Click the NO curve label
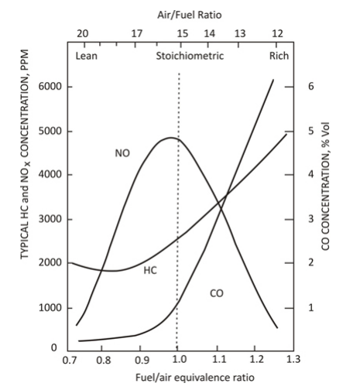[x=122, y=153]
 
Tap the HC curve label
[x=150, y=270]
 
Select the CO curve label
[x=216, y=293]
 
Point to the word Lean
[x=87, y=56]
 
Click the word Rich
[x=279, y=56]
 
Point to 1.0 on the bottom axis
[x=178, y=360]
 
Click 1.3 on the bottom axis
[x=293, y=360]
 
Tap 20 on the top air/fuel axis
[x=82, y=33]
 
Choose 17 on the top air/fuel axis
[x=136, y=33]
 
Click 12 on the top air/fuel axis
[x=278, y=33]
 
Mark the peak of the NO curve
[x=170, y=139]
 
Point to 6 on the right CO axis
[x=310, y=87]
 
